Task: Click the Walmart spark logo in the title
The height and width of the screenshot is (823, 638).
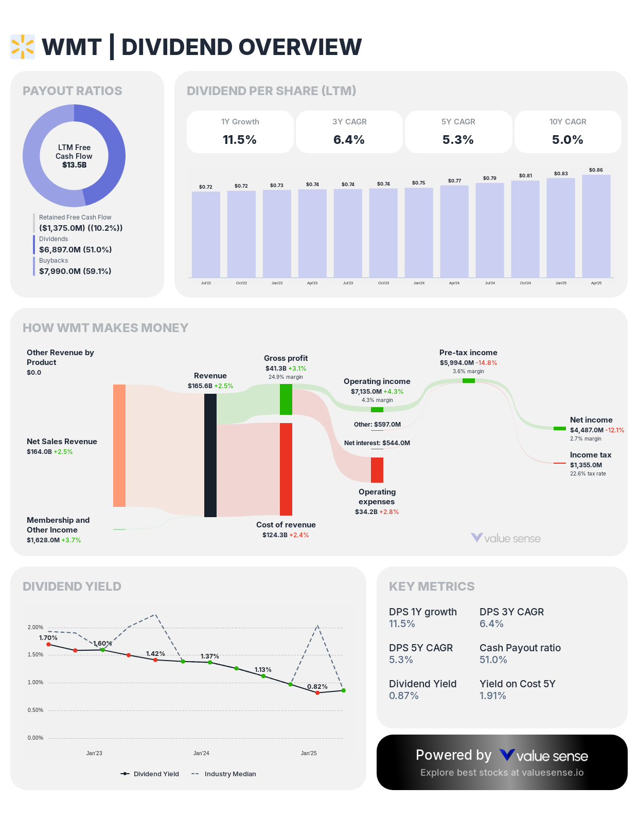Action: pyautogui.click(x=23, y=47)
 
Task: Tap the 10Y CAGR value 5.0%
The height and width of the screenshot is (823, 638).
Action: pyautogui.click(x=568, y=140)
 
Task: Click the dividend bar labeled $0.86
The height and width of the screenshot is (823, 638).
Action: pyautogui.click(x=596, y=226)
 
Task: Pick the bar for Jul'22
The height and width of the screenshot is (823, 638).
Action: pyautogui.click(x=206, y=234)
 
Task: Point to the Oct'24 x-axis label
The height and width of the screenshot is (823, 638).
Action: pyautogui.click(x=525, y=283)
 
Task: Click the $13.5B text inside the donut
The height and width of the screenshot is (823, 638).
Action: pyautogui.click(x=74, y=165)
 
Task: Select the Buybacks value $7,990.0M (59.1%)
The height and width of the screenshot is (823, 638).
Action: pyautogui.click(x=75, y=271)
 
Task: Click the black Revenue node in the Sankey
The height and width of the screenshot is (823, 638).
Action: pyautogui.click(x=210, y=455)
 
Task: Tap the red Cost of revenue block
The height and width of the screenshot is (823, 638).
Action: pyautogui.click(x=286, y=469)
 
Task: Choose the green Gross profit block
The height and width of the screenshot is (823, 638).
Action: pyautogui.click(x=286, y=399)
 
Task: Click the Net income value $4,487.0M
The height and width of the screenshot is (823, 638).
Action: pyautogui.click(x=587, y=430)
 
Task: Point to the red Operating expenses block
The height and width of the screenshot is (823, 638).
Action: pyautogui.click(x=377, y=470)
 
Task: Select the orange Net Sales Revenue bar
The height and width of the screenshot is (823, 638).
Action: pyautogui.click(x=119, y=445)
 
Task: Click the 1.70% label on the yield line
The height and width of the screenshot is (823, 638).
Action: pyautogui.click(x=48, y=638)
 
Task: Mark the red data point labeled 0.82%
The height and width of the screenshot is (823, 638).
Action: pyautogui.click(x=317, y=693)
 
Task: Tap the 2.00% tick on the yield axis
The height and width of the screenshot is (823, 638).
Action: pyautogui.click(x=36, y=627)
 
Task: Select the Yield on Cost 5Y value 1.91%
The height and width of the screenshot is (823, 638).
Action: pyautogui.click(x=493, y=696)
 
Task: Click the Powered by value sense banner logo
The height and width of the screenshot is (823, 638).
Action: pyautogui.click(x=544, y=756)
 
